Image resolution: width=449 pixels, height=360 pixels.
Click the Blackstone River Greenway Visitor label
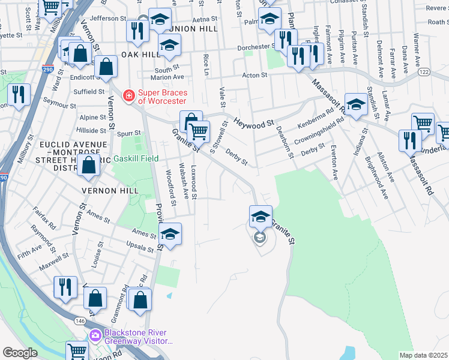136,337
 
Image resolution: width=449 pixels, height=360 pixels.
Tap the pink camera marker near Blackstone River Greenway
94,335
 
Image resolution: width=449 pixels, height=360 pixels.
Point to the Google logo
20,353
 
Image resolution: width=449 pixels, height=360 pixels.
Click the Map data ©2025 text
424,355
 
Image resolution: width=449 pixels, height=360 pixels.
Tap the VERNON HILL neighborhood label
111,191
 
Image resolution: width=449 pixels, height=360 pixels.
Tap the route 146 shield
80,321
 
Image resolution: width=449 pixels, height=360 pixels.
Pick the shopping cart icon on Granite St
198,130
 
